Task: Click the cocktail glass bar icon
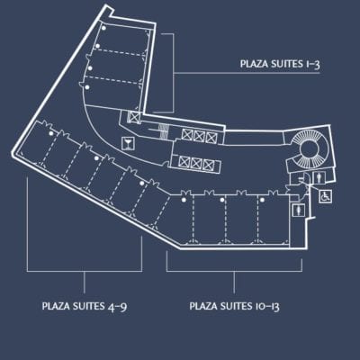pyautogui.click(x=129, y=143)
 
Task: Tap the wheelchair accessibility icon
pyautogui.click(x=325, y=197)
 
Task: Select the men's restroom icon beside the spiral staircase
pyautogui.click(x=319, y=177)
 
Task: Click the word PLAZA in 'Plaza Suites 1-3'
pyautogui.click(x=255, y=64)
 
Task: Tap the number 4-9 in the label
pyautogui.click(x=115, y=307)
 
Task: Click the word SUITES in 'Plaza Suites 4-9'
pyautogui.click(x=89, y=306)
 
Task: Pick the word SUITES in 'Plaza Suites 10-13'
pyautogui.click(x=238, y=306)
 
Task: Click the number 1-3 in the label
pyautogui.click(x=312, y=64)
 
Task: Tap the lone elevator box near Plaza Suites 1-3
pyautogui.click(x=133, y=117)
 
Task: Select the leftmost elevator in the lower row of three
pyautogui.click(x=184, y=162)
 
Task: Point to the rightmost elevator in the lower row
pyautogui.click(x=208, y=164)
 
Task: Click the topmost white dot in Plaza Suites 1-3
pyautogui.click(x=103, y=28)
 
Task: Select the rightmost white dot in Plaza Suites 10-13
pyautogui.click(x=262, y=200)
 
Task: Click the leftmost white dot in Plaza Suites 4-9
pyautogui.click(x=51, y=133)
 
